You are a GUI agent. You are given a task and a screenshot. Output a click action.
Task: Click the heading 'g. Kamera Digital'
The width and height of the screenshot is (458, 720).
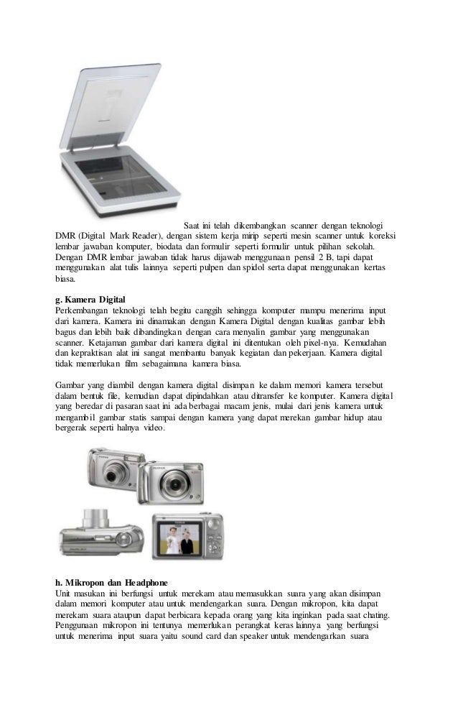(x=90, y=298)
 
